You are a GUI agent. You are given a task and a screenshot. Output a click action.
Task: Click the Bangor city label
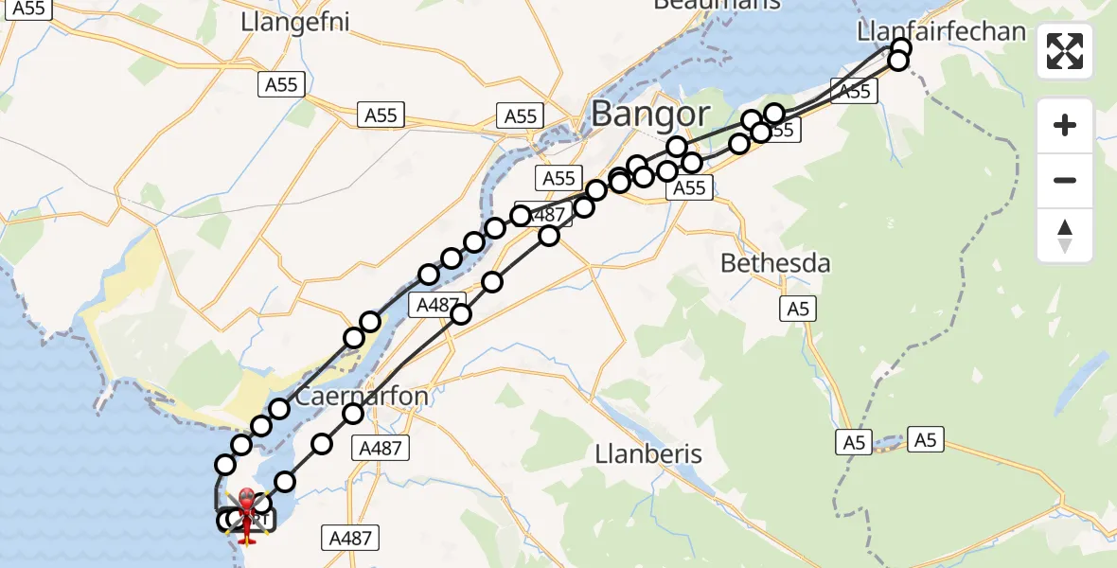[650, 115]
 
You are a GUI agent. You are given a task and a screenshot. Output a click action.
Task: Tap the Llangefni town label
[295, 22]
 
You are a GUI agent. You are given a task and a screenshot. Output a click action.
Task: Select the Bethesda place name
[775, 263]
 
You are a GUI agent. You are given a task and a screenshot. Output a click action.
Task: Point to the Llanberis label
[648, 453]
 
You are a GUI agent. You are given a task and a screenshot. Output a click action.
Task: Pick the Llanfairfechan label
[940, 31]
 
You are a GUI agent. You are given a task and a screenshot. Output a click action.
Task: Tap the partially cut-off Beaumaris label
[717, 4]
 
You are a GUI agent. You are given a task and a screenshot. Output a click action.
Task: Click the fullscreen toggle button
[1065, 51]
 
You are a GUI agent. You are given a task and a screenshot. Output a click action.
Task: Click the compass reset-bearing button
[1065, 236]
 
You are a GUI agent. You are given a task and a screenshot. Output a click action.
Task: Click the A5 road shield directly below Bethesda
[798, 308]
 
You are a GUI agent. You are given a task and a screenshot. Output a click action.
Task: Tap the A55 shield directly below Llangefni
[281, 84]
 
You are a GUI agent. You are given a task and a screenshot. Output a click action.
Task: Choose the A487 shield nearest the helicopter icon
[350, 538]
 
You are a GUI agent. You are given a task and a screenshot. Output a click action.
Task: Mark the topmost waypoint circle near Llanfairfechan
[901, 47]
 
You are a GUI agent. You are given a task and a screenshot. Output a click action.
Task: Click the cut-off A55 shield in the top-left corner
[27, 9]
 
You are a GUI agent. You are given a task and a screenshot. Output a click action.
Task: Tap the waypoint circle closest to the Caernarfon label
[353, 413]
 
